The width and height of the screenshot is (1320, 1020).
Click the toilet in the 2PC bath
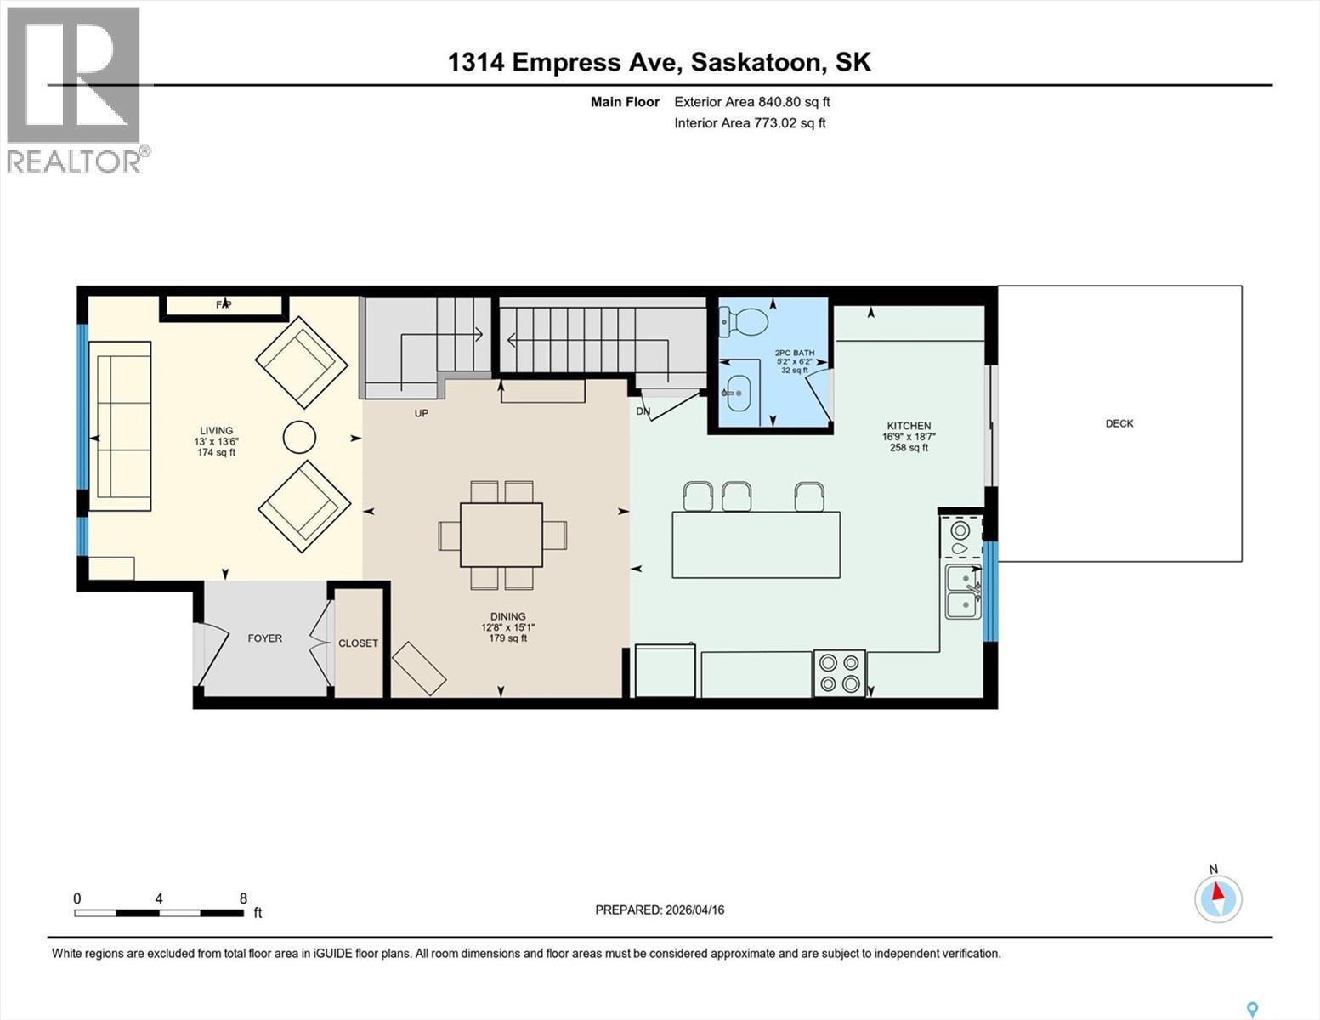[745, 320]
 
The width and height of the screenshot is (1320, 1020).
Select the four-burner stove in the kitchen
[839, 672]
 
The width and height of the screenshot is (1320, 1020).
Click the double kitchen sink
[963, 592]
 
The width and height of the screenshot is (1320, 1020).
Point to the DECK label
[1119, 423]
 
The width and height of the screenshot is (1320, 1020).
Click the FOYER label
[264, 638]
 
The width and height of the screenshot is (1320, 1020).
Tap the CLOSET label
[358, 643]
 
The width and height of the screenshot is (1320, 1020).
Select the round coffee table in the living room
[299, 438]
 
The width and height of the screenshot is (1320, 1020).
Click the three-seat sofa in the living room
[120, 426]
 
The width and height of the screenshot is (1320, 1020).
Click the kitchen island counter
[756, 545]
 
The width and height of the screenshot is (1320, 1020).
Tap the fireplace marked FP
[224, 305]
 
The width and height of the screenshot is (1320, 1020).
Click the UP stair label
[421, 413]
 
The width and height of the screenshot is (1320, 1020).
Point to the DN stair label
[643, 411]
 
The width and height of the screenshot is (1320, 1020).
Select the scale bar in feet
[159, 913]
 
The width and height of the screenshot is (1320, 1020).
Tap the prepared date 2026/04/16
[660, 909]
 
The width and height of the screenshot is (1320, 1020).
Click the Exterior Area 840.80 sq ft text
[751, 102]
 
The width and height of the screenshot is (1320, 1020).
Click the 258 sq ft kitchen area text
[909, 448]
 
